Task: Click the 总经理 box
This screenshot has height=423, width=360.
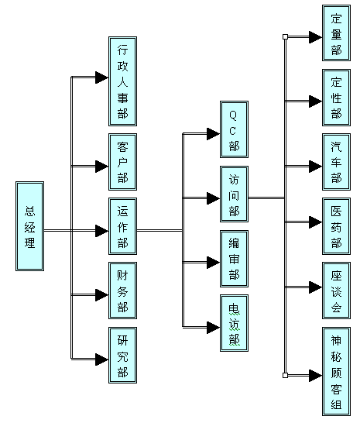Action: [x=29, y=226]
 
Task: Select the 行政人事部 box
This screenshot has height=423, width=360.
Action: [x=122, y=81]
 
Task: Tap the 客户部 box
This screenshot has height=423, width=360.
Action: [x=122, y=162]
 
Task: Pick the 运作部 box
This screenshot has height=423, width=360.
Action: [x=122, y=226]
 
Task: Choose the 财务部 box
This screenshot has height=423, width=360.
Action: [x=122, y=291]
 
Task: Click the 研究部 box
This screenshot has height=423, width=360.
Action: [x=122, y=356]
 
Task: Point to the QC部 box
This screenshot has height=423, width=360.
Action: [x=234, y=129]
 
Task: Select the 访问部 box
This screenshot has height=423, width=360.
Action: [x=234, y=194]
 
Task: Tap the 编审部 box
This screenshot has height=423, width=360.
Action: [x=234, y=259]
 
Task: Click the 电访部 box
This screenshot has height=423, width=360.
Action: [x=234, y=323]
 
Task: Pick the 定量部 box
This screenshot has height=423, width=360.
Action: [x=336, y=33]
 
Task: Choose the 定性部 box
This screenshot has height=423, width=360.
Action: [x=336, y=98]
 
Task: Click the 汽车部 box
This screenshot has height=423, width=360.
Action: [x=336, y=162]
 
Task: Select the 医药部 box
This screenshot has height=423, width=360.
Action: [x=336, y=226]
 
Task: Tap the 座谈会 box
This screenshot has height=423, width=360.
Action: [x=336, y=291]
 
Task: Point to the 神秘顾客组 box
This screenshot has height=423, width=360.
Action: [x=336, y=371]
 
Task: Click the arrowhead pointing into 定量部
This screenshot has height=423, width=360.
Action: [x=316, y=37]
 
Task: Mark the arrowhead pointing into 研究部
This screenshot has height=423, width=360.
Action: [x=102, y=359]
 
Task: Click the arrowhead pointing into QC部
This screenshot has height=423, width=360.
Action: [x=214, y=134]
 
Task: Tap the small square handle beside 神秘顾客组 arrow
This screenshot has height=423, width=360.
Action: [x=286, y=375]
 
